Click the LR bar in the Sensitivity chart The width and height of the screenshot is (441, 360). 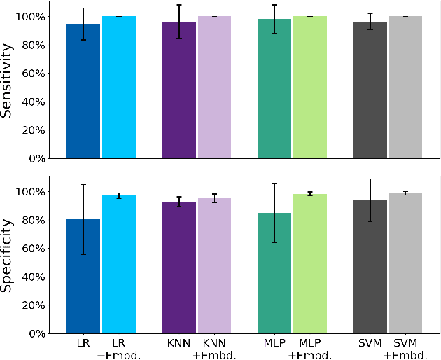(x=83, y=91)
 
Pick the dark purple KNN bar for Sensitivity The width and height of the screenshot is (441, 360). (x=179, y=90)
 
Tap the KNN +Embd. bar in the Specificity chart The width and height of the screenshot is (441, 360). (x=214, y=266)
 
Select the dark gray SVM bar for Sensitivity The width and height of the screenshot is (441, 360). (x=370, y=90)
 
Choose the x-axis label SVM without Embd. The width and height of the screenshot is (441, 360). (x=370, y=343)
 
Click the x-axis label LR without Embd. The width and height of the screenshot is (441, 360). (x=83, y=343)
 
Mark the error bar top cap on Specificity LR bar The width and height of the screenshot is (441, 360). (x=83, y=184)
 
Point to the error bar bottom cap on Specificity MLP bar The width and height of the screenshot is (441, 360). (x=274, y=242)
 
